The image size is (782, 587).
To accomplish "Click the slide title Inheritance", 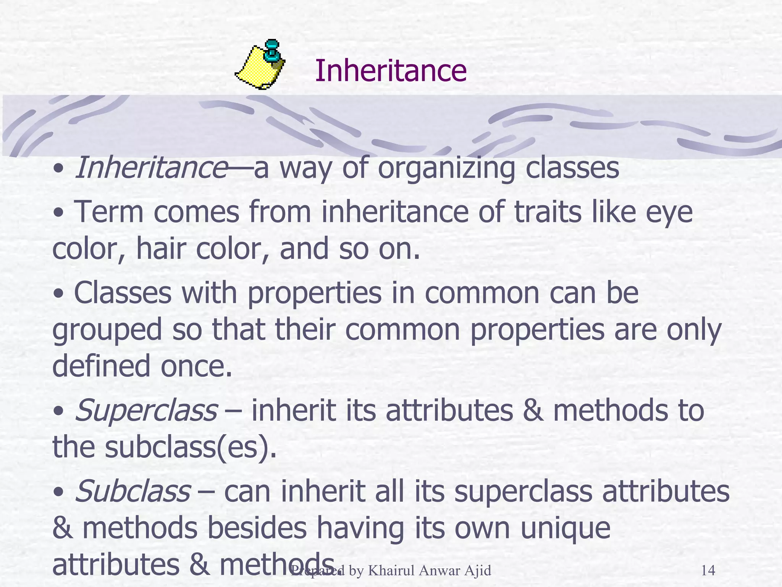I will (x=390, y=71).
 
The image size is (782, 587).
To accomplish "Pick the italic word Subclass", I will (x=132, y=491).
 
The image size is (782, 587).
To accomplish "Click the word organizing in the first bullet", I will (x=446, y=169).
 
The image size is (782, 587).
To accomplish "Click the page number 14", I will (x=708, y=571).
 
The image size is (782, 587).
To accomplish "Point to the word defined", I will (x=101, y=366).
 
